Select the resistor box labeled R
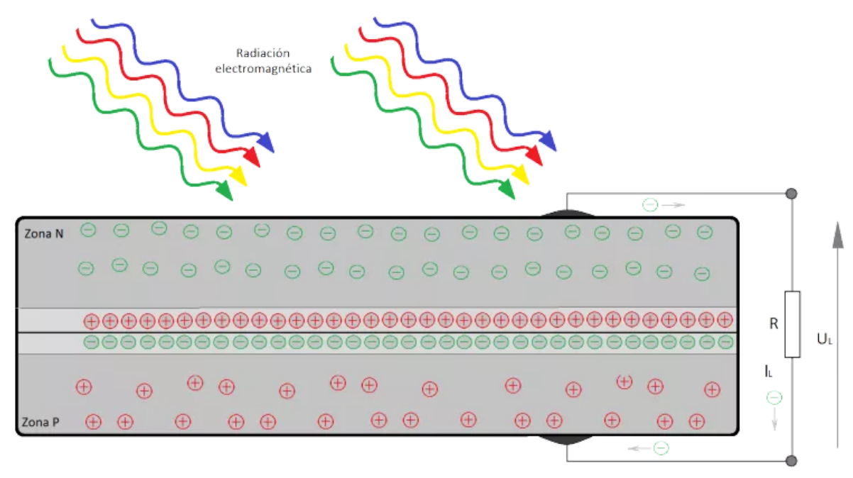point(793,323)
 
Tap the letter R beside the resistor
point(774,325)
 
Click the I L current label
point(769,370)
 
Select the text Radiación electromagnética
point(263,62)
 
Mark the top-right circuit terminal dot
point(791,194)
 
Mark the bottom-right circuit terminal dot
point(791,461)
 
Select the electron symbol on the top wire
point(650,205)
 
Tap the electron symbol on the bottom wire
point(661,448)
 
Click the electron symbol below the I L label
point(774,398)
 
